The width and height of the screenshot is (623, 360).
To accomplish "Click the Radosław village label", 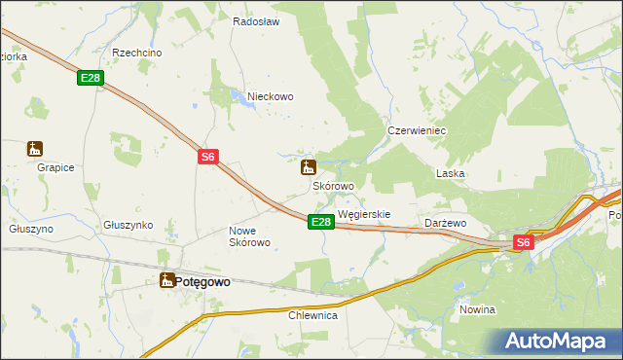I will point(257,21).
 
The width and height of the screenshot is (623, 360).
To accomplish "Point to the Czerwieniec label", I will point(416,129).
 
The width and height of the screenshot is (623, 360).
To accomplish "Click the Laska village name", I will point(450,173).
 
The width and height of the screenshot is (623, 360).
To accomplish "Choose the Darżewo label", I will point(446,223).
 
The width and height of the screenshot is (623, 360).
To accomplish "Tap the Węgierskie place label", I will point(363,214).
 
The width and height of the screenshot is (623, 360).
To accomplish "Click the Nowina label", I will point(477,309).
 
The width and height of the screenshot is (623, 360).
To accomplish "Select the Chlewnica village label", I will point(312,315).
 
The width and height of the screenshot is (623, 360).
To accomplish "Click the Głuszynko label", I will point(128,224).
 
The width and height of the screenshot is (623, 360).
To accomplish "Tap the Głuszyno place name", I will point(31,229).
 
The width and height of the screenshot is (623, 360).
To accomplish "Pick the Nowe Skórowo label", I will point(248,236).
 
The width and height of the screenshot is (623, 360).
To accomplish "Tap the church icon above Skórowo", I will point(309,166).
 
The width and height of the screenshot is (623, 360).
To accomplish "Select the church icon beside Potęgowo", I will point(166,280).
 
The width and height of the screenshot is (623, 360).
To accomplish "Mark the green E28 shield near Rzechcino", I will point(91,79).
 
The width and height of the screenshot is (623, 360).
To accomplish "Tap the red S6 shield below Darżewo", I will point(523,242).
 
